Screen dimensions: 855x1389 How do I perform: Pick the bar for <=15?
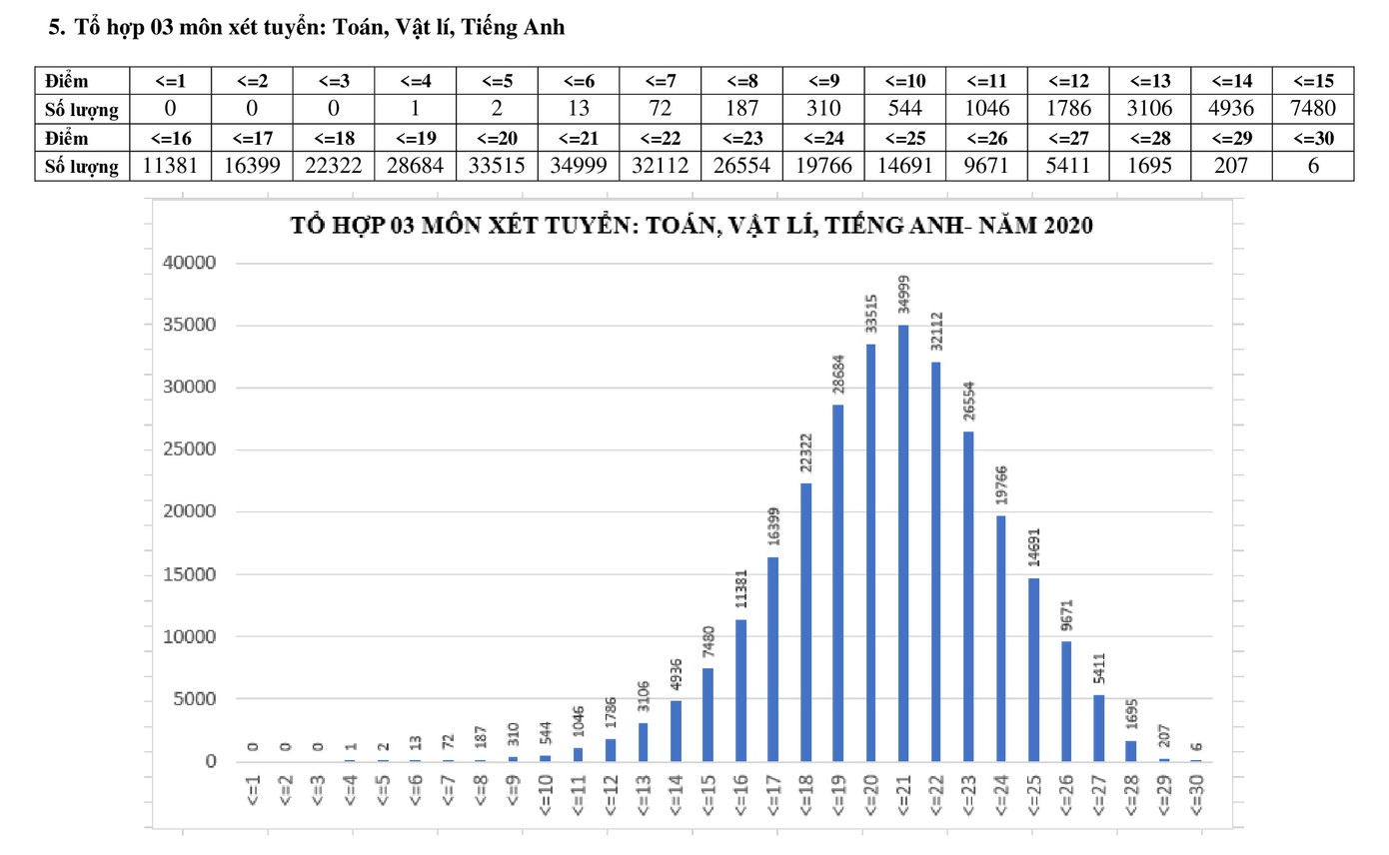tap(707, 714)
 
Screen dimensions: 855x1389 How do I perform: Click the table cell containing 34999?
tap(578, 166)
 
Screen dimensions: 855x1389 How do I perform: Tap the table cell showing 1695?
tap(1149, 166)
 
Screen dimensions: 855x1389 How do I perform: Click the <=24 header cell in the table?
tap(823, 138)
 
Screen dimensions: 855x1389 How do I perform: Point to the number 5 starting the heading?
tap(55, 29)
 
